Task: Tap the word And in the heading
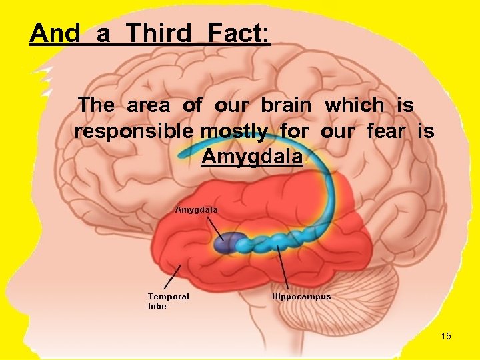coord(55,33)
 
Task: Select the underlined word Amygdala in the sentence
coord(252,157)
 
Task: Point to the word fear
coord(385,131)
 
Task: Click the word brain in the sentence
coord(285,105)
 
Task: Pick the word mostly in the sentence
coord(236,131)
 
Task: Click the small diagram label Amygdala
coord(196,209)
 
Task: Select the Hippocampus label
coord(301,297)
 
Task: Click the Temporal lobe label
coord(168,301)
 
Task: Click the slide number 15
coord(446,336)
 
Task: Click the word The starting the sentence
coord(96,105)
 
